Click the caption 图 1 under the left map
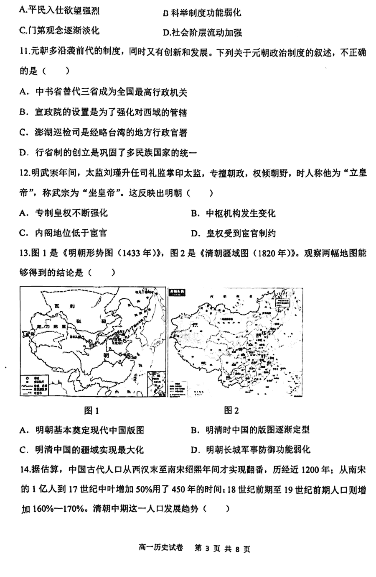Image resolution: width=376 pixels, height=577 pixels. click(x=91, y=410)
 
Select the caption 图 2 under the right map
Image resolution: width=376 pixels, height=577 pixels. click(x=231, y=410)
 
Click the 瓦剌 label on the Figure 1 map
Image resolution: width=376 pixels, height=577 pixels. click(x=63, y=307)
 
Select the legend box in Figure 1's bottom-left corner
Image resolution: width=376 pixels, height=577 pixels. click(x=35, y=383)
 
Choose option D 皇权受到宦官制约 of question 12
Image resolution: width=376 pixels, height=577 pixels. click(x=233, y=233)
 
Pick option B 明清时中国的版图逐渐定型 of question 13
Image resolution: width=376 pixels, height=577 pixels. click(x=251, y=430)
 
